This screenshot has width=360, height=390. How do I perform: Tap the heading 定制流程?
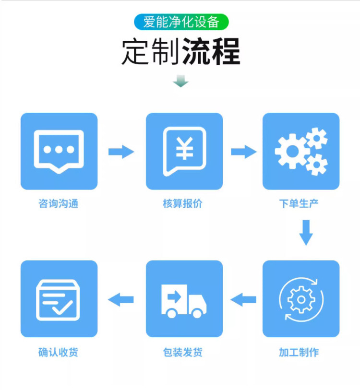180,52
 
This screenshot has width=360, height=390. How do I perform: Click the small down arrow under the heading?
180,81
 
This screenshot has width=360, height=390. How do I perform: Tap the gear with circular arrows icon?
301,299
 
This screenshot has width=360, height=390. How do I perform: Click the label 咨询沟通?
58,204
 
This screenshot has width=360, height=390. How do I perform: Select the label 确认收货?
58,353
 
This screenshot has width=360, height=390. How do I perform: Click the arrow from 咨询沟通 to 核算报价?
121,152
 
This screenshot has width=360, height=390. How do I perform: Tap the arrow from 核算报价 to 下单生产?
244,152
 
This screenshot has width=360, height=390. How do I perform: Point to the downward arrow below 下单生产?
306,233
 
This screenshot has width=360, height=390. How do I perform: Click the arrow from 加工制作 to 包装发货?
243,300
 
